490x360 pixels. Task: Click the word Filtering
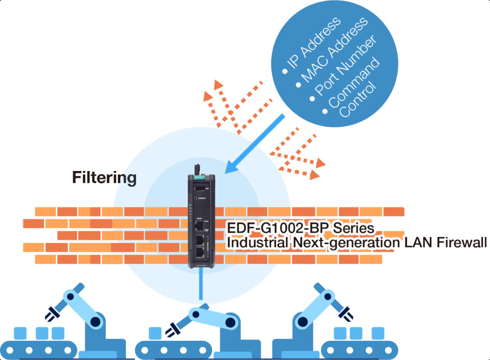click(104, 178)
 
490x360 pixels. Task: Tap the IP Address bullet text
click(314, 43)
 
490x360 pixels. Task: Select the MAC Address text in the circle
click(335, 49)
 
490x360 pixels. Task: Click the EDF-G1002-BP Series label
click(300, 228)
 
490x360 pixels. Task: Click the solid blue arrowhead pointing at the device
click(231, 166)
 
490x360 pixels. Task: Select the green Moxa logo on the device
click(199, 177)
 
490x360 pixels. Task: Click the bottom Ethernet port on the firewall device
click(200, 252)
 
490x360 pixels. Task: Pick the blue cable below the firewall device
click(200, 283)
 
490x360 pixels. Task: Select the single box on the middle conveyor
click(155, 333)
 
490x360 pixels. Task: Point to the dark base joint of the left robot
click(95, 321)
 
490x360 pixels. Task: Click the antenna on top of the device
click(197, 170)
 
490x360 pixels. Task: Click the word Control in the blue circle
click(358, 99)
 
